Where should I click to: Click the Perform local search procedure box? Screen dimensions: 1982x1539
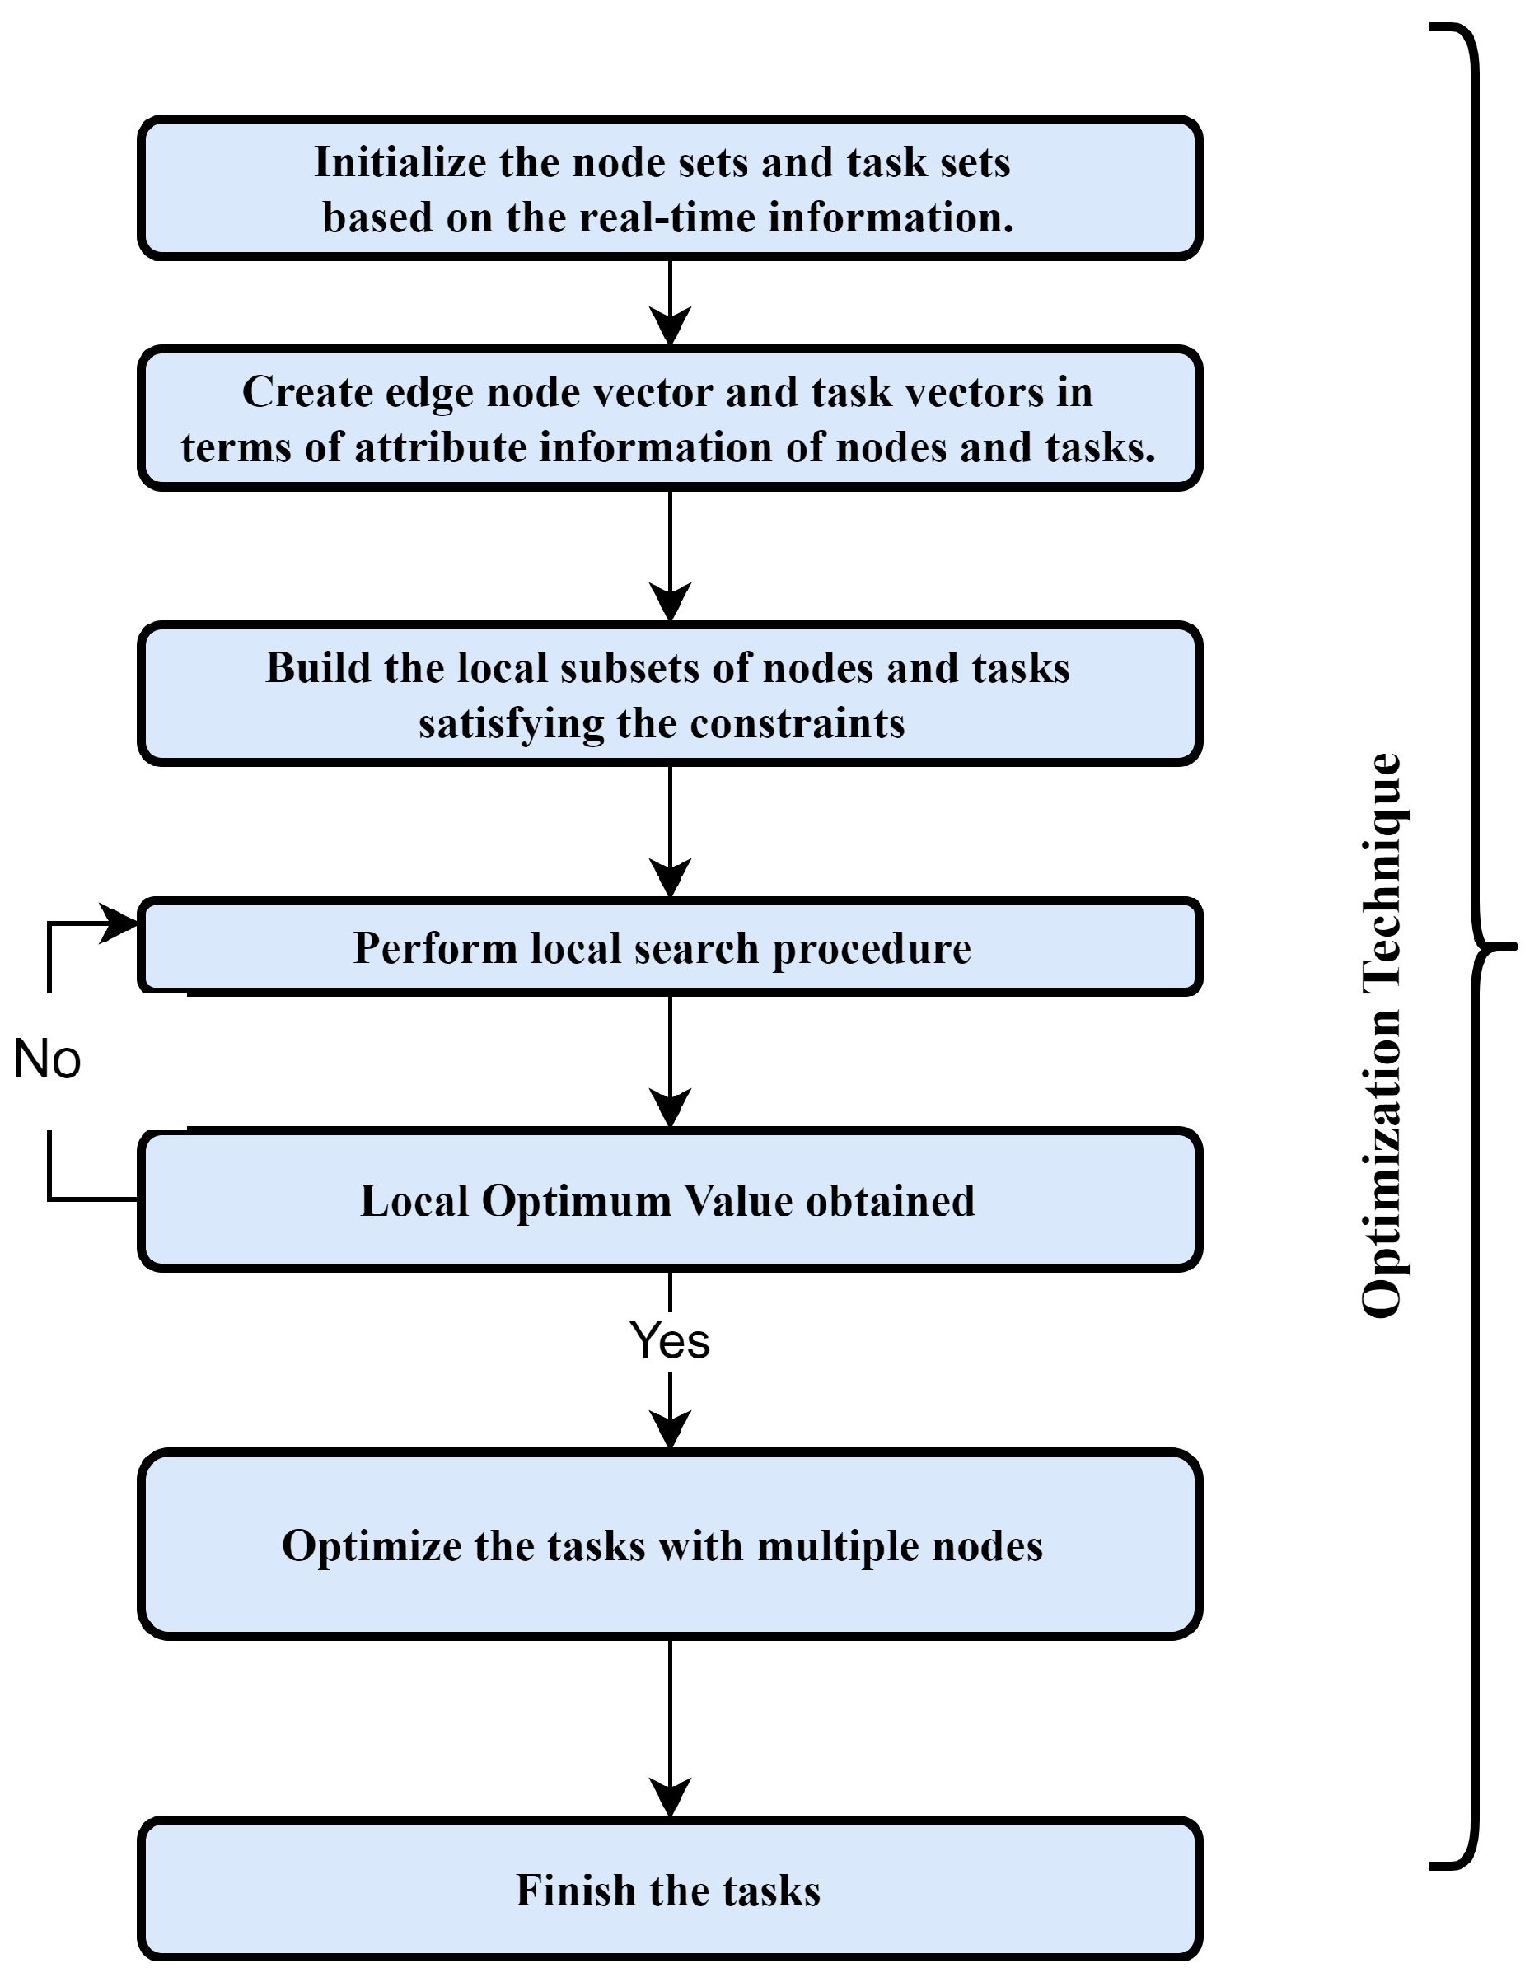click(670, 947)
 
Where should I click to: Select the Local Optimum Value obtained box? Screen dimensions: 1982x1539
click(670, 1199)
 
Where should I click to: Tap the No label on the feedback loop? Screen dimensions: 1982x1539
click(47, 1060)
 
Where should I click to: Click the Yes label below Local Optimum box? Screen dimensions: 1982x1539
click(670, 1341)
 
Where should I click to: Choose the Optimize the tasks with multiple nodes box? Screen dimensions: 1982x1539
click(670, 1545)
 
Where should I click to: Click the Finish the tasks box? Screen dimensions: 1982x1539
click(670, 1891)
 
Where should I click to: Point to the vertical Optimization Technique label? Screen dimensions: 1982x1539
click(1381, 1035)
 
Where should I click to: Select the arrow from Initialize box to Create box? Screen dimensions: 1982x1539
click(670, 304)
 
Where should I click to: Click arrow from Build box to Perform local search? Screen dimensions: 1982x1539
click(670, 831)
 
